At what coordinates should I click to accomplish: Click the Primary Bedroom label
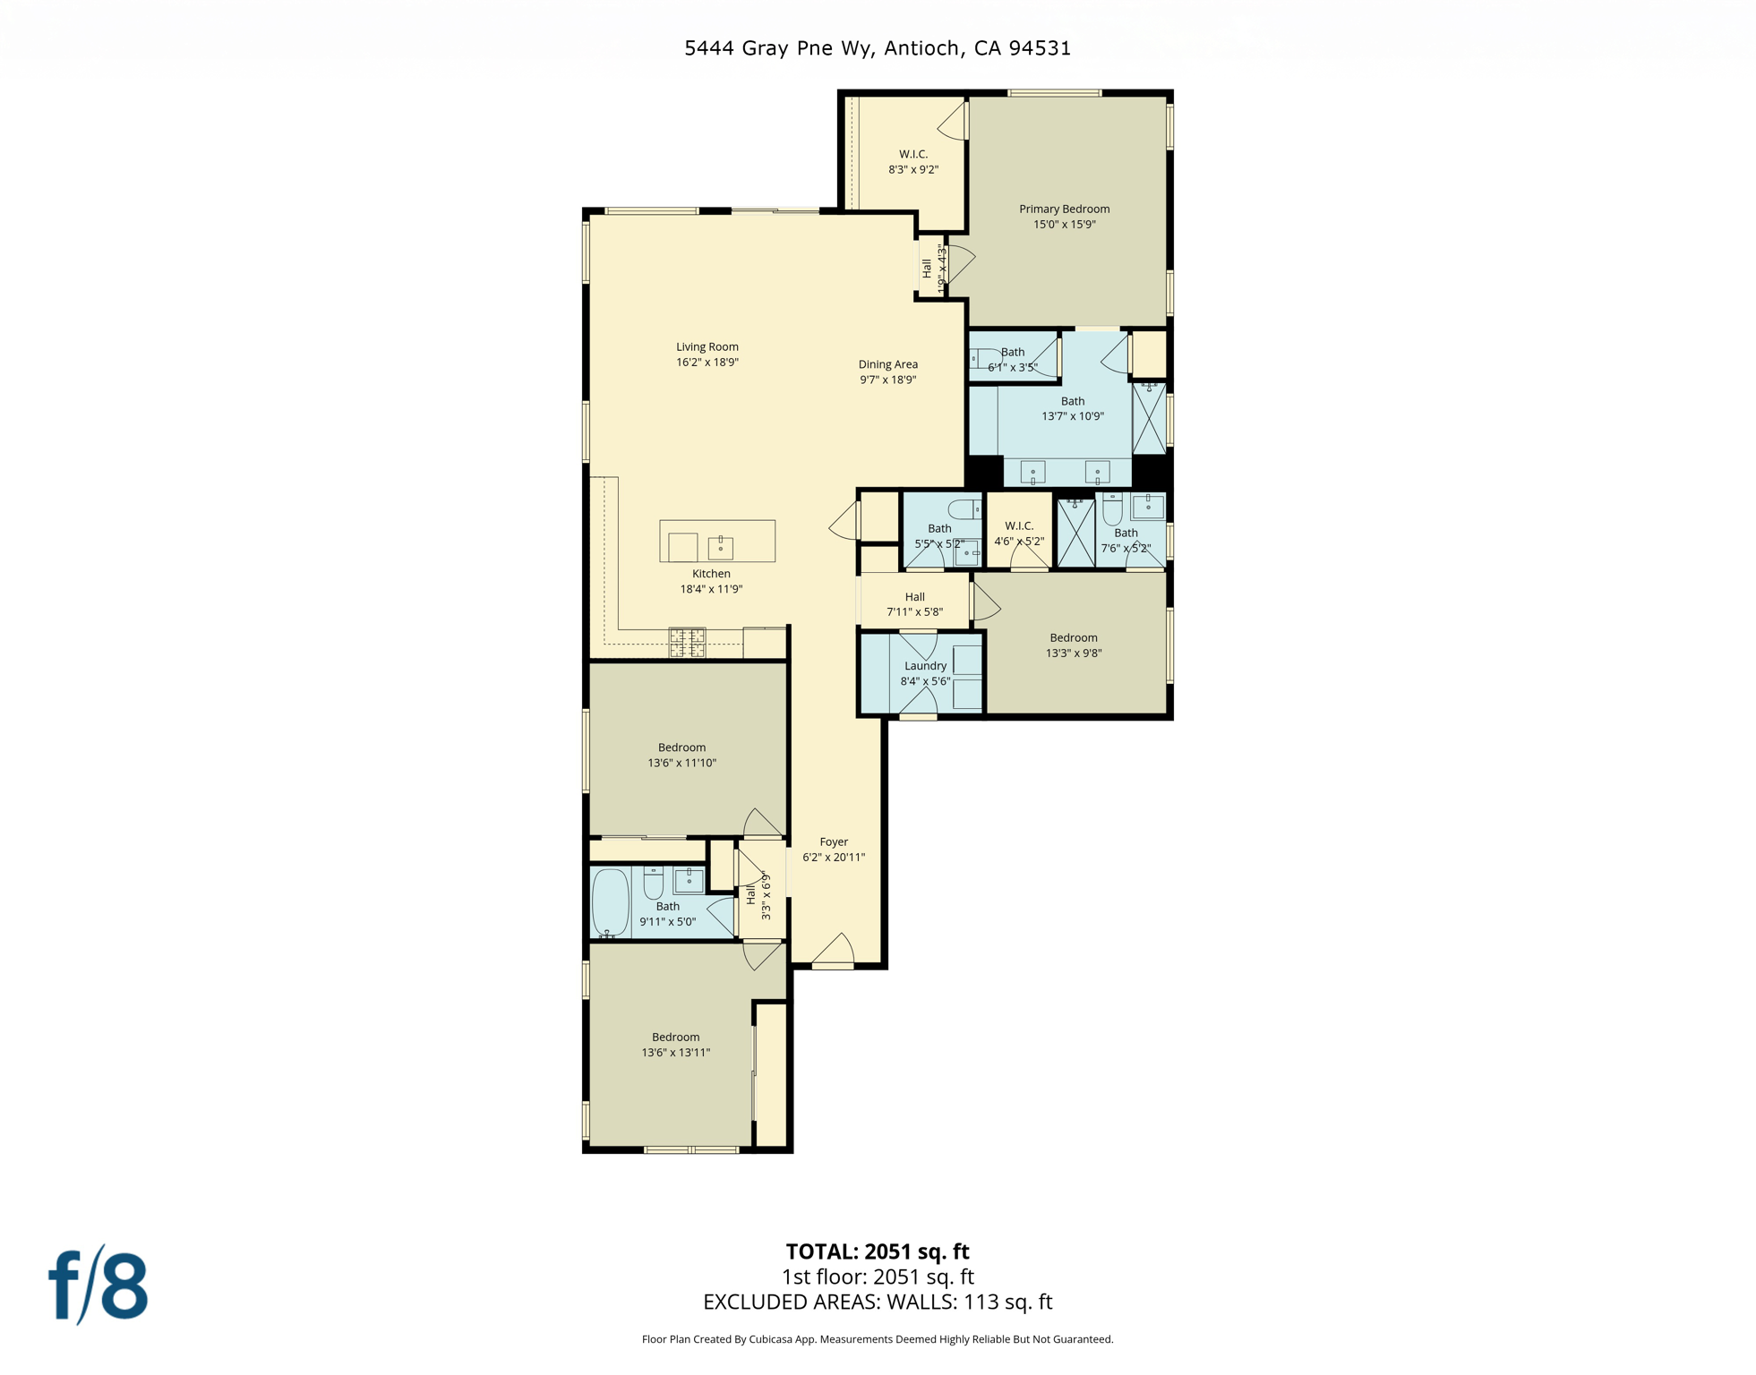point(1064,209)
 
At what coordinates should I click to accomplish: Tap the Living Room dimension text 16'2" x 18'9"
point(707,363)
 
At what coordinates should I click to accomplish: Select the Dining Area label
point(887,364)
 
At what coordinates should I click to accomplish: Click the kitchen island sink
point(720,546)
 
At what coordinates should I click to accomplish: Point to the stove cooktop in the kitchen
point(687,642)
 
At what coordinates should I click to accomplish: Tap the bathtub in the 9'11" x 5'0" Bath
point(610,902)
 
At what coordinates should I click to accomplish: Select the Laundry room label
point(925,666)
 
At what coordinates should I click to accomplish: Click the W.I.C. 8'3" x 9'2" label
point(912,161)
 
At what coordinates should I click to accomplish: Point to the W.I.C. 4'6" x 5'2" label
point(1019,534)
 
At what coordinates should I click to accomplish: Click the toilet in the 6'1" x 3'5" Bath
point(981,358)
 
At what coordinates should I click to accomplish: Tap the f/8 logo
point(98,1285)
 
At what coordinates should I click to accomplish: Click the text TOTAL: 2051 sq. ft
point(877,1251)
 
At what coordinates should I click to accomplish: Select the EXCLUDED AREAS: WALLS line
point(877,1302)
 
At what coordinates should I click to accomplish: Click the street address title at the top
point(877,48)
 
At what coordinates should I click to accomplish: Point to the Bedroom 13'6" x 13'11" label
point(675,1045)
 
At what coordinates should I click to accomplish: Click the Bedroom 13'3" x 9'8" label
point(1073,645)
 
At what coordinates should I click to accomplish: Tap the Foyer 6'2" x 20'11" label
point(833,849)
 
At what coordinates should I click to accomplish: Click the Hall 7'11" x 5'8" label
point(914,604)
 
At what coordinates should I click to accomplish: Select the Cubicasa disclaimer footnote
point(877,1339)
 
